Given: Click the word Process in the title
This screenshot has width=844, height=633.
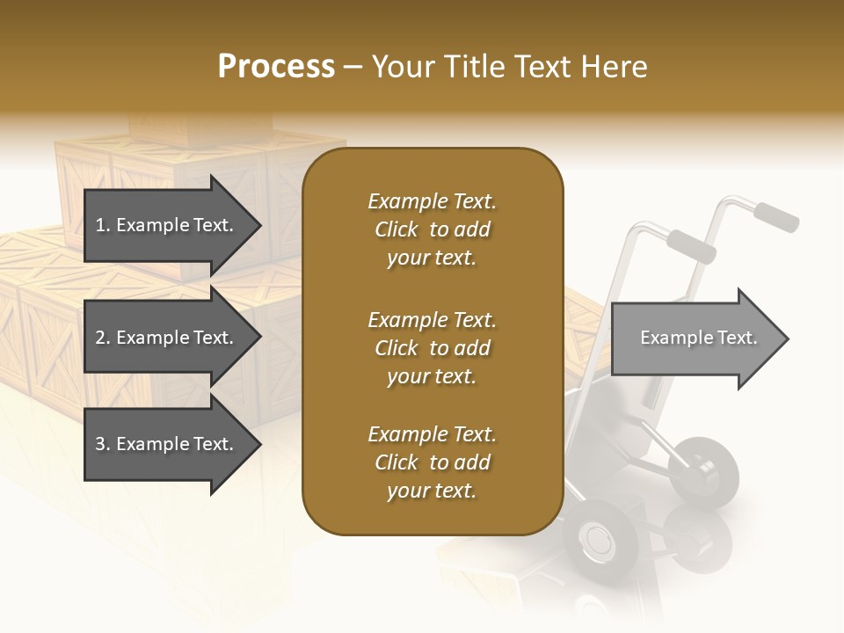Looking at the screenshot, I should pos(276,67).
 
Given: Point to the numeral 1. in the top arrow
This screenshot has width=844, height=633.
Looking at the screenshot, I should pos(102,226).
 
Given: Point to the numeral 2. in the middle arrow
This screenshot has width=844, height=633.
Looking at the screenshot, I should pos(102,338).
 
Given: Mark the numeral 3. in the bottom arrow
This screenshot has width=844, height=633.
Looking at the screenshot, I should pos(102,444).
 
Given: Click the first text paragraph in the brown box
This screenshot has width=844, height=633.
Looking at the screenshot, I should pos(432,229).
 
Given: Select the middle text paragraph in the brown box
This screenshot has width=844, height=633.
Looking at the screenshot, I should pos(432,348).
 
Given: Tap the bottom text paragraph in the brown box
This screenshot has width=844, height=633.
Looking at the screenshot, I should pos(432,462).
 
